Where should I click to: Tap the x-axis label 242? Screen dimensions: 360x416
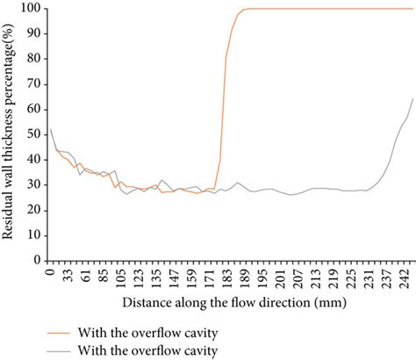(x=403, y=278)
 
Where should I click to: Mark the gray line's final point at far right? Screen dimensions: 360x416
(x=412, y=99)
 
